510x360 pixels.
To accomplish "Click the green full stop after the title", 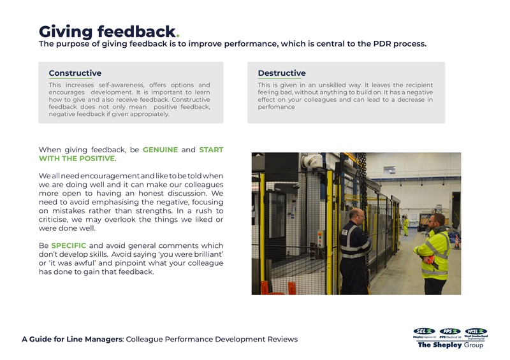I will click(x=177, y=36).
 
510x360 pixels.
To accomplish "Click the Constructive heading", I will click(x=75, y=73).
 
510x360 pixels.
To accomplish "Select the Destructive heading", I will click(x=281, y=73).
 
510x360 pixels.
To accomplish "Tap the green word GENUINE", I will click(x=160, y=150).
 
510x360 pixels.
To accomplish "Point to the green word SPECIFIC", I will click(x=68, y=246).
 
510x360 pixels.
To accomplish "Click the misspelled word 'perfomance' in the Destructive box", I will click(x=276, y=107).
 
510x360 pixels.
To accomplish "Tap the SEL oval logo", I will click(x=424, y=331).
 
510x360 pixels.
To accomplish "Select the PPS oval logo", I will click(x=450, y=331).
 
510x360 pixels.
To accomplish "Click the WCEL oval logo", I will click(x=476, y=331).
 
